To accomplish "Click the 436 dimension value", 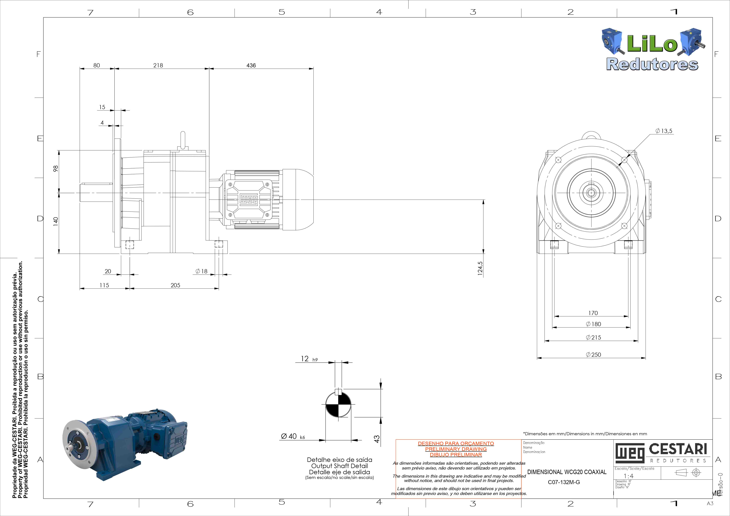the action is tap(251, 65).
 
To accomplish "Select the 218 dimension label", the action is tap(158, 65).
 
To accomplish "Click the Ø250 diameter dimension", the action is tap(593, 355).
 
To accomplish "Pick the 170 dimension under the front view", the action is tap(593, 313).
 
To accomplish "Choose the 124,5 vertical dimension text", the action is tap(480, 268).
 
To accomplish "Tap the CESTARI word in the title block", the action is tap(678, 449).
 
